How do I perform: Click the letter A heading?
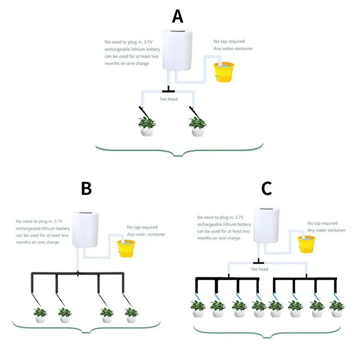click(x=178, y=17)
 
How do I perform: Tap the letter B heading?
click(x=86, y=189)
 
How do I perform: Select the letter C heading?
click(x=266, y=189)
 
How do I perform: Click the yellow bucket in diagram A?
click(x=224, y=72)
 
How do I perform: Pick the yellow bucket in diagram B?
click(x=126, y=248)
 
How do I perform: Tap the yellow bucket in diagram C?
click(x=307, y=243)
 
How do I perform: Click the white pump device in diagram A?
click(x=177, y=51)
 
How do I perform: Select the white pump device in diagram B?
click(x=86, y=229)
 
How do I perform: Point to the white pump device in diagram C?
click(x=267, y=225)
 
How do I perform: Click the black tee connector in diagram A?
click(x=168, y=90)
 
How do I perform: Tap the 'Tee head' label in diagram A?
click(x=169, y=99)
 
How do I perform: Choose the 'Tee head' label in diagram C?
click(x=259, y=269)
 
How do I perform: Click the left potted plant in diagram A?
click(x=147, y=126)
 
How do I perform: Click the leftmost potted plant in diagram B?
click(x=40, y=315)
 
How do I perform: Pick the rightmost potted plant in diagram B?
click(x=131, y=315)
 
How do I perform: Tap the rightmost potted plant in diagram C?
click(x=336, y=309)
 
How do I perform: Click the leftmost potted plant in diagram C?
click(x=198, y=309)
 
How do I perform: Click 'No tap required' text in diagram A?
click(x=229, y=41)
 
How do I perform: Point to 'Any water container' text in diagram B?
click(x=146, y=234)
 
